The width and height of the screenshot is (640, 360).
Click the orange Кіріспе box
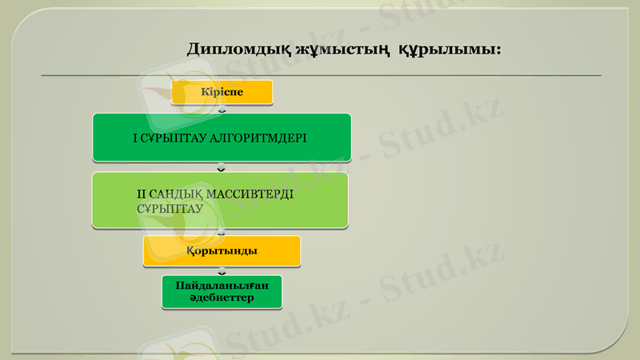point(222,92)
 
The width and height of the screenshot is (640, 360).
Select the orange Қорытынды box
point(222,251)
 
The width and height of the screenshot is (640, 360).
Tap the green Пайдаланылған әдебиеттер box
point(222,292)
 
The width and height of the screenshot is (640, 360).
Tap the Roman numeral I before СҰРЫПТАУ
point(134,138)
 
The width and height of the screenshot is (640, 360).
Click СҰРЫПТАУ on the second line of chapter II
point(169,207)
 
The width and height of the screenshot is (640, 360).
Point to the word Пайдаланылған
point(222,286)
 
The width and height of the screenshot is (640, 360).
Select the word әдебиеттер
point(222,298)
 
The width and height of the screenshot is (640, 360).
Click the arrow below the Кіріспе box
point(222,110)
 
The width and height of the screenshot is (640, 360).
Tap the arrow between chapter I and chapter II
point(222,167)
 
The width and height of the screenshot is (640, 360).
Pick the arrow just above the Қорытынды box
point(222,232)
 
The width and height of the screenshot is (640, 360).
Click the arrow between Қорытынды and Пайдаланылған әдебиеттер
point(222,271)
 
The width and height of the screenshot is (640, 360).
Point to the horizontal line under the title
point(320,75)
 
